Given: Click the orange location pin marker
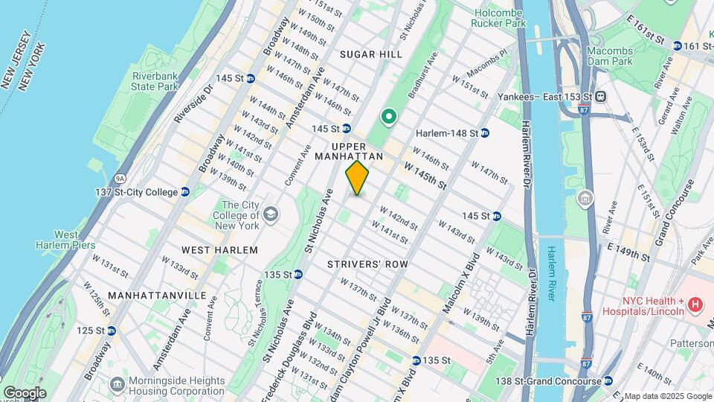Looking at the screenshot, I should (x=358, y=178).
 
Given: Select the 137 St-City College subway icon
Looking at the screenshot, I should (x=184, y=192).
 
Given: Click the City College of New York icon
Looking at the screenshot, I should (x=270, y=215).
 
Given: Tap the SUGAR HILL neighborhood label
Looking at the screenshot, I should (x=370, y=54).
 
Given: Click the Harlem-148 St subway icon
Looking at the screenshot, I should (x=484, y=133).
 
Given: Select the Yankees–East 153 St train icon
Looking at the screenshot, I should (x=599, y=97).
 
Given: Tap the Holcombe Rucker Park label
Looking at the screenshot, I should (x=498, y=16).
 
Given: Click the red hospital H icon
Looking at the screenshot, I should (x=695, y=304).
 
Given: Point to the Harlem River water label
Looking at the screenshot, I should (x=551, y=273).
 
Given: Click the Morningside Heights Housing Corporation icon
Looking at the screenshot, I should (x=117, y=384).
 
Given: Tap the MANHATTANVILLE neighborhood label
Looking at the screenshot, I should (x=157, y=296).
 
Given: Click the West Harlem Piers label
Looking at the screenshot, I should (x=57, y=240).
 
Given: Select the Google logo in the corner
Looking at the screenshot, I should (x=24, y=392).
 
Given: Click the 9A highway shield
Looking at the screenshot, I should (x=100, y=178).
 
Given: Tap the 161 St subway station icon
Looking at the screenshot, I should (x=678, y=46).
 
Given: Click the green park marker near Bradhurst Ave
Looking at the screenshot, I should (x=387, y=117).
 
